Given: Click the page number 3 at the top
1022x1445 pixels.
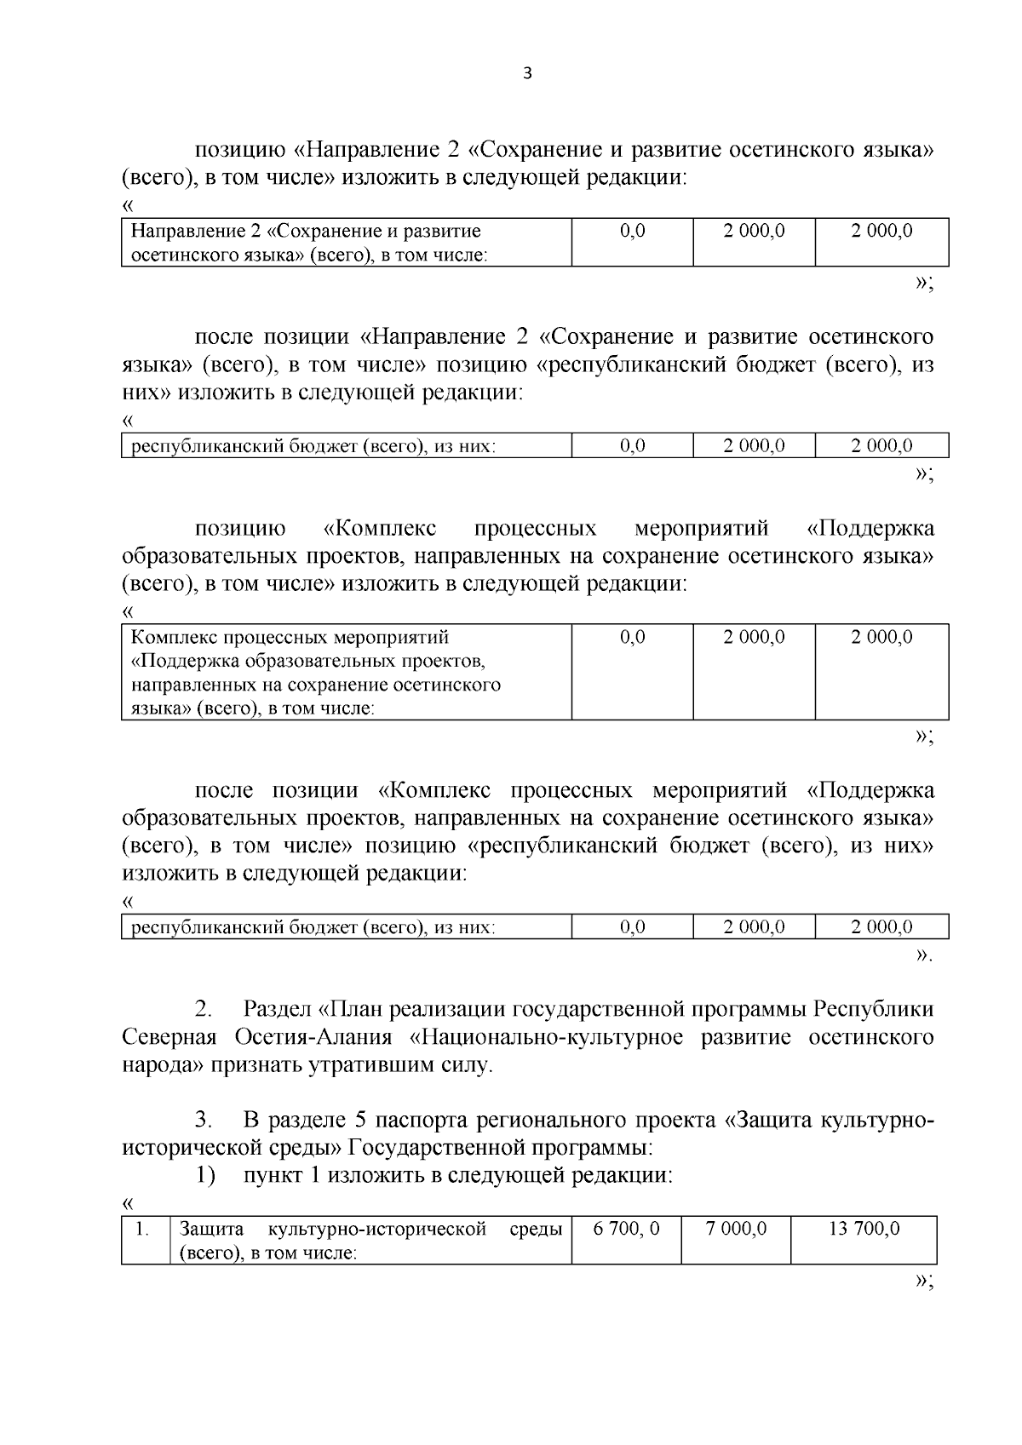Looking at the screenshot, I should click(525, 74).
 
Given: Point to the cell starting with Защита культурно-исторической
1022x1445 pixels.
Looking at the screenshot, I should click(370, 1241).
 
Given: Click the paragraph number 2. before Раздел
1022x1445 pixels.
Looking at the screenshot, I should click(204, 1010).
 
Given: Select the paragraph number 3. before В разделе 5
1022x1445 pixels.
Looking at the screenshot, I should click(204, 1120).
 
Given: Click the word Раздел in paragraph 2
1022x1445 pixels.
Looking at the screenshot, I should click(276, 1010).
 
